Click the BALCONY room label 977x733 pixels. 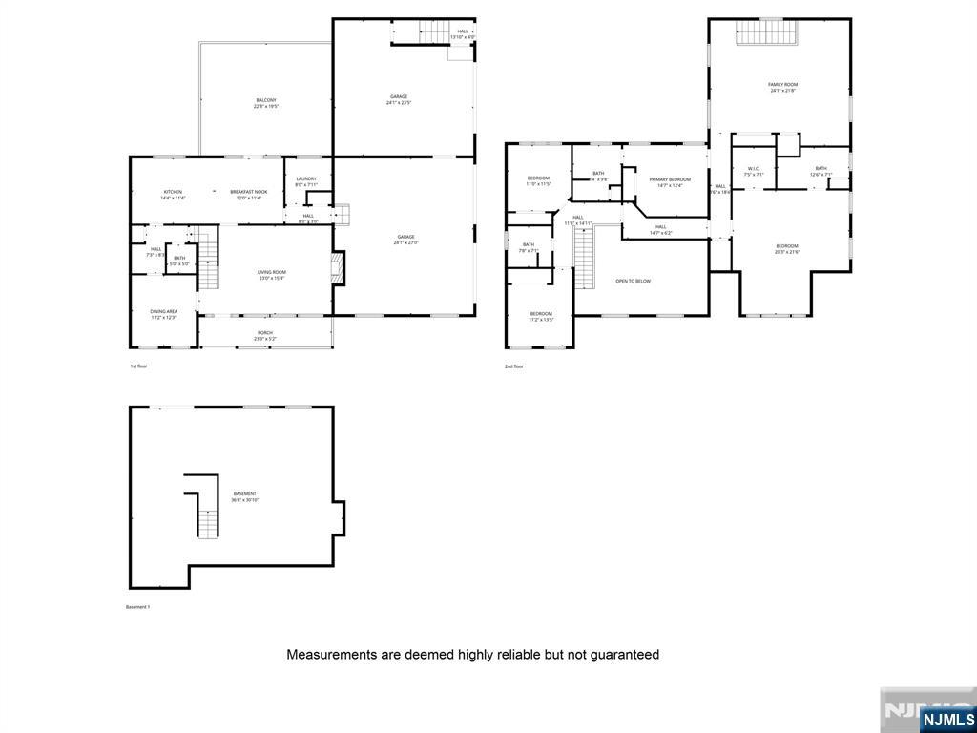[266, 103]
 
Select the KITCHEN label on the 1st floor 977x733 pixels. [173, 195]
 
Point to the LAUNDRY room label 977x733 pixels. [306, 181]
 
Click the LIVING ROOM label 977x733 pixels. [272, 275]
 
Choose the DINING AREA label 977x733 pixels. [163, 314]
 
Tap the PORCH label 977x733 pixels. [264, 335]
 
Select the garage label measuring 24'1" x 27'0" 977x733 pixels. [405, 240]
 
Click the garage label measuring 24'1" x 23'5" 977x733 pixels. [399, 99]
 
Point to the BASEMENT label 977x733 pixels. [244, 496]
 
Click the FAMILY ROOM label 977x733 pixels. [782, 88]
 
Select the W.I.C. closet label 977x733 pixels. [754, 172]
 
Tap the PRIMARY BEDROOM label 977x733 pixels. [670, 182]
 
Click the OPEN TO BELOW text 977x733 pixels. [634, 281]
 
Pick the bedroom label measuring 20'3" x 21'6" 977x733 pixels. [786, 248]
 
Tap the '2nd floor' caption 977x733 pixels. [515, 366]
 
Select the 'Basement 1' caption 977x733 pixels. [138, 607]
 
